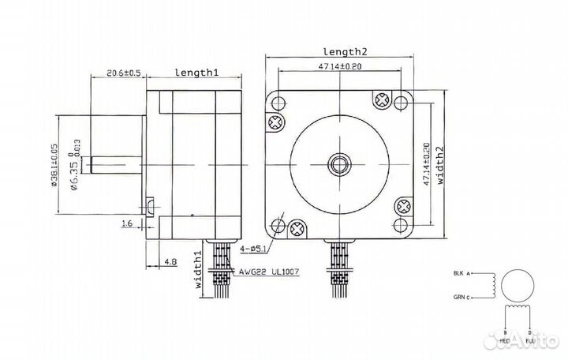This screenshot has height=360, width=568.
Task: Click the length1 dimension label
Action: point(196,73)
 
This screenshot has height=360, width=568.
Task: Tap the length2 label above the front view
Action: point(339,51)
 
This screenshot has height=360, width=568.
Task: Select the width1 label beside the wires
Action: point(199,272)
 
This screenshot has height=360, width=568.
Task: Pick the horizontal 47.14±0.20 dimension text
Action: point(339,68)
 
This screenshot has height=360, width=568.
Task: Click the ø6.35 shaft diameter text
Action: point(73,168)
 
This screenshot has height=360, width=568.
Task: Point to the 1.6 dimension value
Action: point(127,224)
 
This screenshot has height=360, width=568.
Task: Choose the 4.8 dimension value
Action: point(170,260)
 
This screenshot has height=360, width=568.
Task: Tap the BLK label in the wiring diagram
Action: point(461,274)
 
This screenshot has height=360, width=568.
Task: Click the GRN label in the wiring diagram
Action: point(461,298)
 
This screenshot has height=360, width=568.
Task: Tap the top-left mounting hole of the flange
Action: point(278,102)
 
